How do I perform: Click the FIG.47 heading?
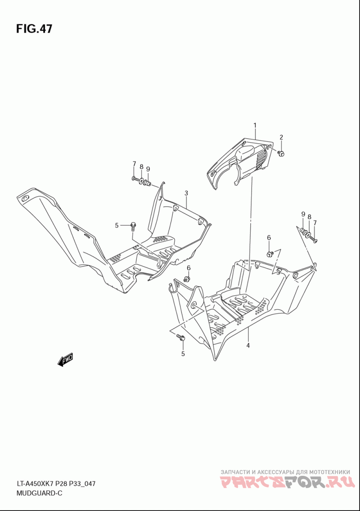click(34, 29)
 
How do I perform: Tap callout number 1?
click(255, 125)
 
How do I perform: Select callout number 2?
click(281, 137)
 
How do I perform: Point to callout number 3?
click(186, 193)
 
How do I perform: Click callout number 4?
click(248, 345)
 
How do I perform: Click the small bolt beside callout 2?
click(281, 154)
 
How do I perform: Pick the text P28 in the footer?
click(63, 484)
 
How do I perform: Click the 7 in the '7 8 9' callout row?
click(134, 163)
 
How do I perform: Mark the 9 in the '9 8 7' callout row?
click(303, 214)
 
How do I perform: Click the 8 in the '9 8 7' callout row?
click(309, 217)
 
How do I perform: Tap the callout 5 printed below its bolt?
click(183, 353)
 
